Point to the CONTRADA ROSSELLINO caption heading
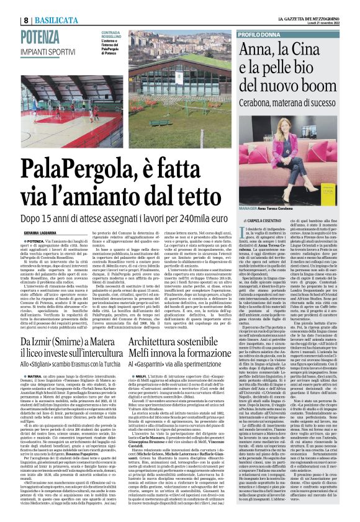112,34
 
